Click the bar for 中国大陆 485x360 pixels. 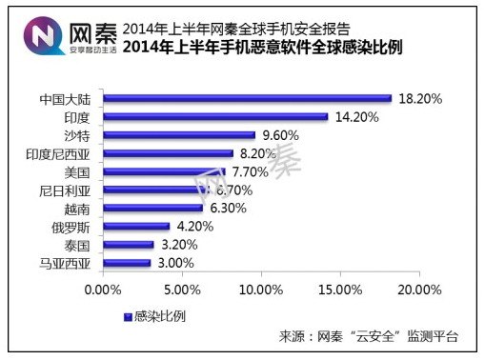click(246, 97)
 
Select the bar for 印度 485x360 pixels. click(214, 116)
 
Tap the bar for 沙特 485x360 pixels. click(177, 134)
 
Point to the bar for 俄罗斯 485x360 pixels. click(135, 226)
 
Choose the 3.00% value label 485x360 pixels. click(175, 263)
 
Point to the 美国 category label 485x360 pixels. click(76, 171)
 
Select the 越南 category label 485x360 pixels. click(76, 208)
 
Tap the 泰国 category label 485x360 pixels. click(76, 245)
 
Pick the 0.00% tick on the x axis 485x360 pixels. click(102, 287)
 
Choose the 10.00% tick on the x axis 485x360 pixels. click(260, 287)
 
